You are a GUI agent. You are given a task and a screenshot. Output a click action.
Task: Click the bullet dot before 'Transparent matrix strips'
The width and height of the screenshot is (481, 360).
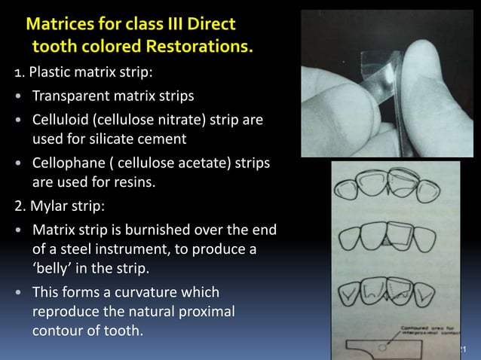tap(17, 97)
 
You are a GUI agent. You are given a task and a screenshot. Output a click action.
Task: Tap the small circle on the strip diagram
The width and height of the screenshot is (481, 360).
tap(384, 349)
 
